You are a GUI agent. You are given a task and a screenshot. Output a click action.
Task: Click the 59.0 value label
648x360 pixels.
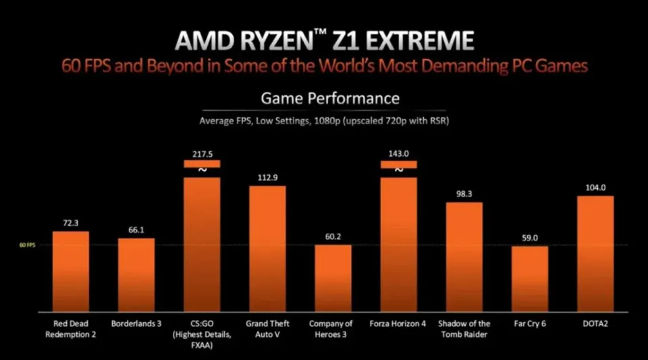tap(529, 238)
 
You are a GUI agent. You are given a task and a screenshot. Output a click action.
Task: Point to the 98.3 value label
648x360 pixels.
tap(464, 194)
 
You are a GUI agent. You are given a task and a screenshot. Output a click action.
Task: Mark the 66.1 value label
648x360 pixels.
tap(136, 230)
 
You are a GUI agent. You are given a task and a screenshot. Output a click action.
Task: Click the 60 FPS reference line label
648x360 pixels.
tap(27, 245)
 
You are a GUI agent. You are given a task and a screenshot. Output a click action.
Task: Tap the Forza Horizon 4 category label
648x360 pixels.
tap(398, 324)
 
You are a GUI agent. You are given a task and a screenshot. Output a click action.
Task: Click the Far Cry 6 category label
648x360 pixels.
tap(529, 324)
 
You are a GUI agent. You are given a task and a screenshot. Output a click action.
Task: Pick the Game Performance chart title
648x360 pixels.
tap(330, 99)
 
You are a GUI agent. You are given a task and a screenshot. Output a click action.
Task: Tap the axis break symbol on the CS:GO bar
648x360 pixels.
tap(202, 170)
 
